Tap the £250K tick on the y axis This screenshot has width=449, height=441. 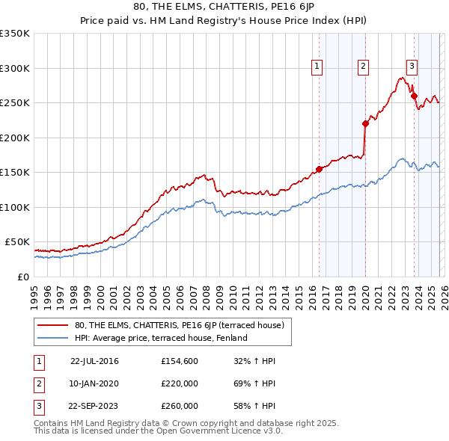coord(15,103)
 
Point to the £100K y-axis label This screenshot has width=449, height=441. coord(15,207)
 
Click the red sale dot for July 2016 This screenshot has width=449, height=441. coord(319,169)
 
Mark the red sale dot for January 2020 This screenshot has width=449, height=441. coord(365,123)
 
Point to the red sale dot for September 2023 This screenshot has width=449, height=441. coord(413,95)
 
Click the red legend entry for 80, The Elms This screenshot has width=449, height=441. coord(179,325)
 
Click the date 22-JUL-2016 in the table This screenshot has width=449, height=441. coord(94,361)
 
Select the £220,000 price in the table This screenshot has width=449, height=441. coord(180,383)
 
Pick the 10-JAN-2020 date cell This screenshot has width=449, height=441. coord(94,383)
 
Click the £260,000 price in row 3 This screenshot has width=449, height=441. coord(180,406)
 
